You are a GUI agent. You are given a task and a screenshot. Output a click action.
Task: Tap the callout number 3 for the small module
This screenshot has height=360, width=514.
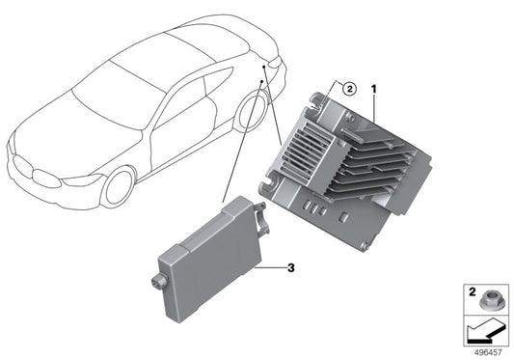(287, 267)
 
